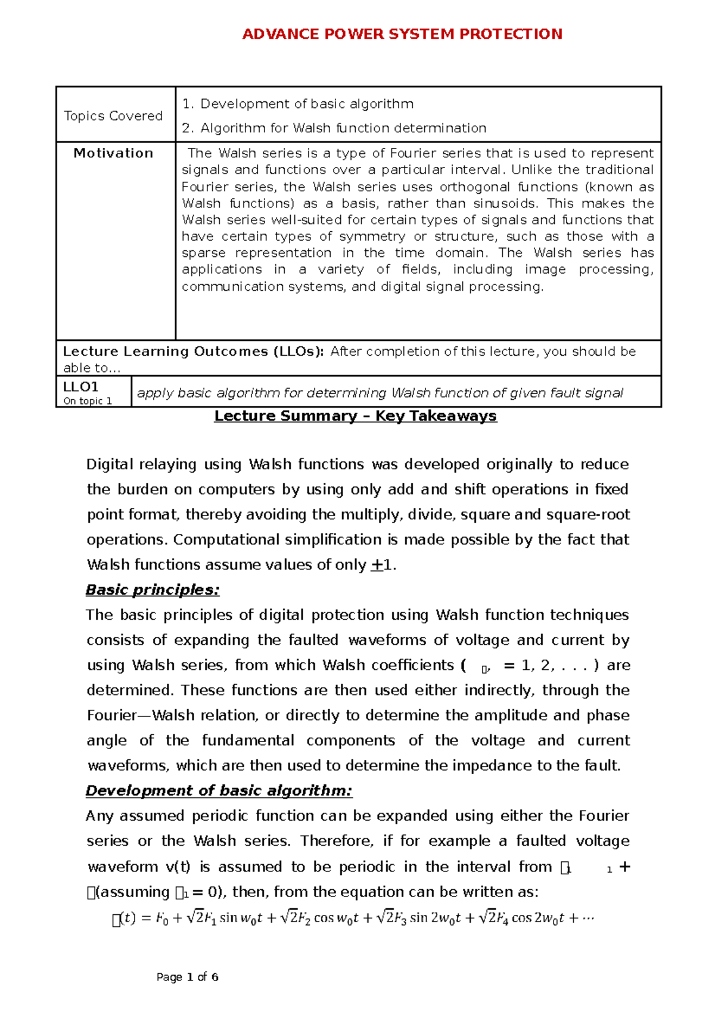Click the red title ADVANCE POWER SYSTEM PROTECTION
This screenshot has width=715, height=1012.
(402, 34)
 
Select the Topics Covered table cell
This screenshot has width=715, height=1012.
(113, 116)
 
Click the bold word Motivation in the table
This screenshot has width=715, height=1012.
(113, 153)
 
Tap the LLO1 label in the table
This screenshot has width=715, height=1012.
(80, 386)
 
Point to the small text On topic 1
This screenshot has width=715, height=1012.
(88, 401)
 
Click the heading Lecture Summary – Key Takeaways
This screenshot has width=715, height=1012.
(355, 416)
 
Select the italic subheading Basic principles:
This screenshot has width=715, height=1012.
(153, 590)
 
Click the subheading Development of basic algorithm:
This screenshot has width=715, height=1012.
(219, 791)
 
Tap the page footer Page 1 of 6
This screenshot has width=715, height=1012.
(187, 977)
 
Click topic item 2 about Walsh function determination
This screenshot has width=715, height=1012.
(343, 128)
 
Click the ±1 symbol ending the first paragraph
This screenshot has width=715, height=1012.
(383, 565)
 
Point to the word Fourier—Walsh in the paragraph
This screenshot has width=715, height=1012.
(172, 715)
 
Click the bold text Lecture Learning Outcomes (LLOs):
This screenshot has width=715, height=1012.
(194, 352)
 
